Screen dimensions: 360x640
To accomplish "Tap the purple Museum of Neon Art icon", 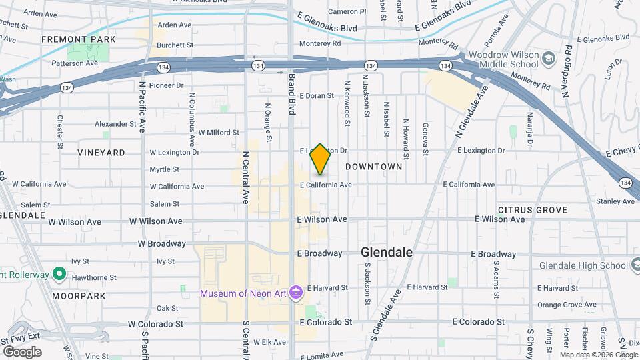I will tap(295, 293).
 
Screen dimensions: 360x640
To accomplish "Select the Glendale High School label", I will tap(581, 265).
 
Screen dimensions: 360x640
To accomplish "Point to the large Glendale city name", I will tap(387, 253).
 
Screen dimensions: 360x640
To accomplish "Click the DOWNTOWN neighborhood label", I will tap(374, 167).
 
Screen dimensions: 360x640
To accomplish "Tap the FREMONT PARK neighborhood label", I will tap(79, 39).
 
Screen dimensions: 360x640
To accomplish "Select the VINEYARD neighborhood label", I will tap(101, 153).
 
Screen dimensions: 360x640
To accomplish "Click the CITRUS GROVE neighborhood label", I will tap(533, 210).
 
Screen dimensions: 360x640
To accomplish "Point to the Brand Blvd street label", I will tap(291, 93).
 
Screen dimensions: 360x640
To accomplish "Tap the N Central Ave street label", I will tap(245, 177).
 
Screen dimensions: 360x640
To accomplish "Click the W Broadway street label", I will tap(161, 244).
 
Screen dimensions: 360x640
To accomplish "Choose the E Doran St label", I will tap(317, 96).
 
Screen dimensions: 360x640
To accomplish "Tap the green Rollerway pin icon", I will tap(59, 273).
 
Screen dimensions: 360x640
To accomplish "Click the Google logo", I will tap(22, 351).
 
